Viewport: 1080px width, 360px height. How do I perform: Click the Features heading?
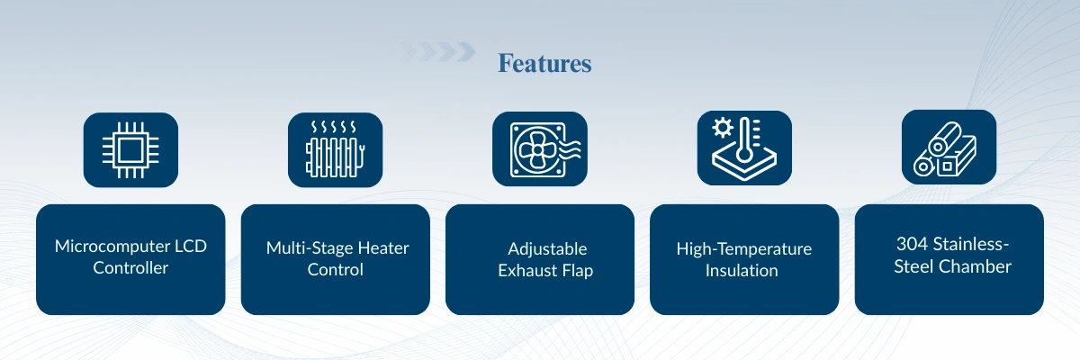pos(544,63)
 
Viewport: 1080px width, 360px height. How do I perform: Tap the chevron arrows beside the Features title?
pos(434,51)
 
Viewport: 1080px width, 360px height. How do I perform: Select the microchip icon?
pos(130,150)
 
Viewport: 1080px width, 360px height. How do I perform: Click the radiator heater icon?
pos(335,148)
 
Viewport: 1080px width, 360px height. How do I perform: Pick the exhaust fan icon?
pos(544,149)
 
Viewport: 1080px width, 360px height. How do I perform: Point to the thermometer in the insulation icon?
pos(744,139)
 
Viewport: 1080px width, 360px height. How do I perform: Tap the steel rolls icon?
pos(945,148)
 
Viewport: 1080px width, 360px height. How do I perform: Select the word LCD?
pos(191,247)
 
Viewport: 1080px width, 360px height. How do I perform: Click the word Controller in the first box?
pos(130,268)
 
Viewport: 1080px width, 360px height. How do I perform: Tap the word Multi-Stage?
pos(310,248)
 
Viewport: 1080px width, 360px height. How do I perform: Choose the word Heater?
pos(383,248)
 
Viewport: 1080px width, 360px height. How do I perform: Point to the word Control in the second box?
pos(335,270)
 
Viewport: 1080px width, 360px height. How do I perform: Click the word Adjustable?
pos(547,249)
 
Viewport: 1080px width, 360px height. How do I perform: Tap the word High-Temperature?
pos(744,249)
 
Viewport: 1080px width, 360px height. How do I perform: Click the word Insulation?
pos(742,271)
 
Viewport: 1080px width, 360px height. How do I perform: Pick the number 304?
pos(913,244)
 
